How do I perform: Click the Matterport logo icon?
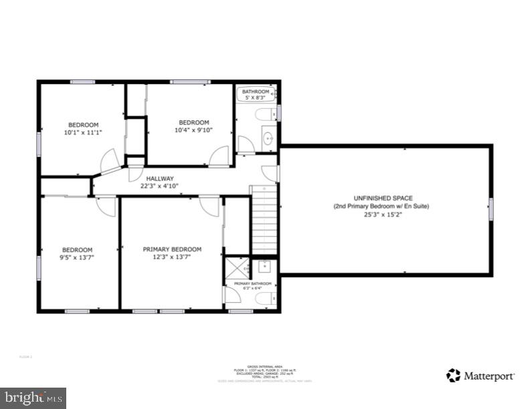point(454,375)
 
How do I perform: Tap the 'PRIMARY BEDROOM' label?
point(172,249)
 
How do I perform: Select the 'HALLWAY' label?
point(161,178)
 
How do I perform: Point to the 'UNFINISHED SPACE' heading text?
point(383,198)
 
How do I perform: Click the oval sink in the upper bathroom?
point(268,139)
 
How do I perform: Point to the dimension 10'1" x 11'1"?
point(82,133)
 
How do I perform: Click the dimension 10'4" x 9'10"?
point(193,130)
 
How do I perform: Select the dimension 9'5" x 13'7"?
point(77,258)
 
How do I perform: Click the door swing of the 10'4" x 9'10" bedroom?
point(218,157)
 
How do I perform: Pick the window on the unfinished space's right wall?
point(491,209)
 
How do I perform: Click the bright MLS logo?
point(33,398)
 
